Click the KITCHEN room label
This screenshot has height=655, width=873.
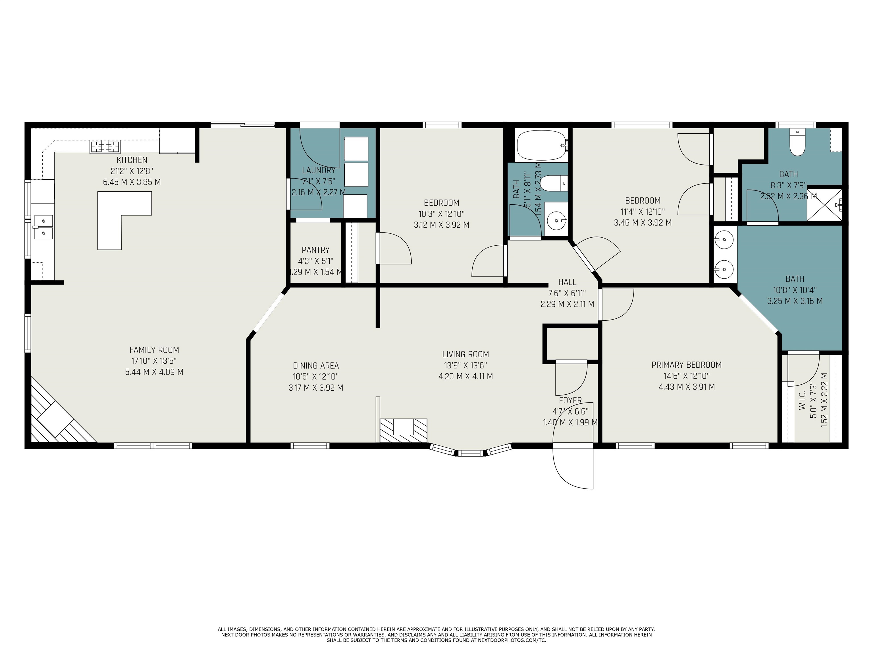pyautogui.click(x=132, y=160)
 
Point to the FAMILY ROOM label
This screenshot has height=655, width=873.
pyautogui.click(x=154, y=350)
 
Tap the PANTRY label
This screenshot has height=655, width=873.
pyautogui.click(x=315, y=250)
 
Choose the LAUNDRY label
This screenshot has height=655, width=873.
pyautogui.click(x=319, y=170)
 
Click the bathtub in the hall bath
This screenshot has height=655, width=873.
pyautogui.click(x=542, y=145)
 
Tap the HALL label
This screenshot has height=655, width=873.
pyautogui.click(x=567, y=282)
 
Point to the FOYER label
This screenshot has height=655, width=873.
pyautogui.click(x=570, y=400)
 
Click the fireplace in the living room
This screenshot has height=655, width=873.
pyautogui.click(x=403, y=430)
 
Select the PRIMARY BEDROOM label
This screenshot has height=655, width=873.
pyautogui.click(x=686, y=365)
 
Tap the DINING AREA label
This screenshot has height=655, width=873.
pyautogui.click(x=316, y=366)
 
